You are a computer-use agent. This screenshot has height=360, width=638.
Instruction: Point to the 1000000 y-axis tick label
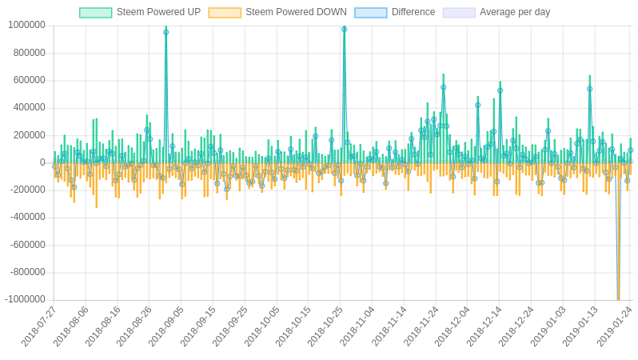point(26,25)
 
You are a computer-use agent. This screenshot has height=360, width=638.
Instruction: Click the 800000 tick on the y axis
point(29,53)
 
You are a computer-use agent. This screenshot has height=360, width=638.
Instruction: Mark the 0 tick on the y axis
point(42,162)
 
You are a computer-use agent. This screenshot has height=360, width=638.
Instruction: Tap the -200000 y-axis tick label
point(27,190)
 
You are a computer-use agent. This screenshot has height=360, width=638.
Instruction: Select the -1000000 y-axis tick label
point(25,299)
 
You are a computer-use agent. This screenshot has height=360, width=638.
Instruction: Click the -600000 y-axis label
point(27,245)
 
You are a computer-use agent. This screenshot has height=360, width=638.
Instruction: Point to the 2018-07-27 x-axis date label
point(39,326)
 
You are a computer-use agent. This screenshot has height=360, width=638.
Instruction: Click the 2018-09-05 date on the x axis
point(166,326)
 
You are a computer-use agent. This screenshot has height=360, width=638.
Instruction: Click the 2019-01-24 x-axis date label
point(615,326)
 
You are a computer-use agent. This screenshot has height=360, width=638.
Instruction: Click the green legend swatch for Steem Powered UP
point(96,13)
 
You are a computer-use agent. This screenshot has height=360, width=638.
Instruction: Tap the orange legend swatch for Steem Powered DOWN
point(225,13)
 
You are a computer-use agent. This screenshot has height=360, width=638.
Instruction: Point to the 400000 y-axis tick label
point(29,107)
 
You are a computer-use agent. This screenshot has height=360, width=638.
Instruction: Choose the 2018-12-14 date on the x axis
point(484,326)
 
